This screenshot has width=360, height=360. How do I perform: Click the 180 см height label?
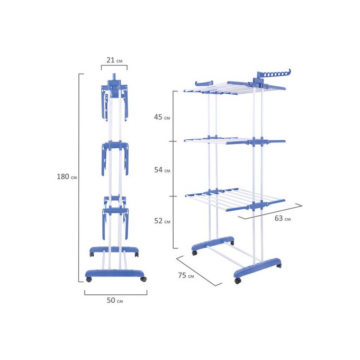point(67,176)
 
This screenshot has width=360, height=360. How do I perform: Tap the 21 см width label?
point(114,60)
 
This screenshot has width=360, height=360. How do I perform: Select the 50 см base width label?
point(115,300)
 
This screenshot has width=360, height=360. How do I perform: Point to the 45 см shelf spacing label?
point(162,117)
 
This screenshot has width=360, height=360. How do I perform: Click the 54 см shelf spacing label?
point(162,170)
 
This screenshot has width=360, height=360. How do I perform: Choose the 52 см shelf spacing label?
point(162,221)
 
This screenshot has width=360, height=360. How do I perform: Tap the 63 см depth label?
point(283,218)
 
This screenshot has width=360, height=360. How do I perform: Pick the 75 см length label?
point(186,275)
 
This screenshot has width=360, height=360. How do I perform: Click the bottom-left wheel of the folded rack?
point(88,280)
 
